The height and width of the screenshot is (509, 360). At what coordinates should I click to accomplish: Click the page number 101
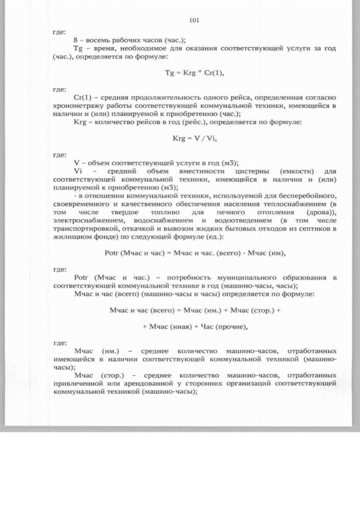(x=195, y=20)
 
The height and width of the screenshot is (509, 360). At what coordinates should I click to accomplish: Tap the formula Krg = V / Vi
(x=195, y=138)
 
